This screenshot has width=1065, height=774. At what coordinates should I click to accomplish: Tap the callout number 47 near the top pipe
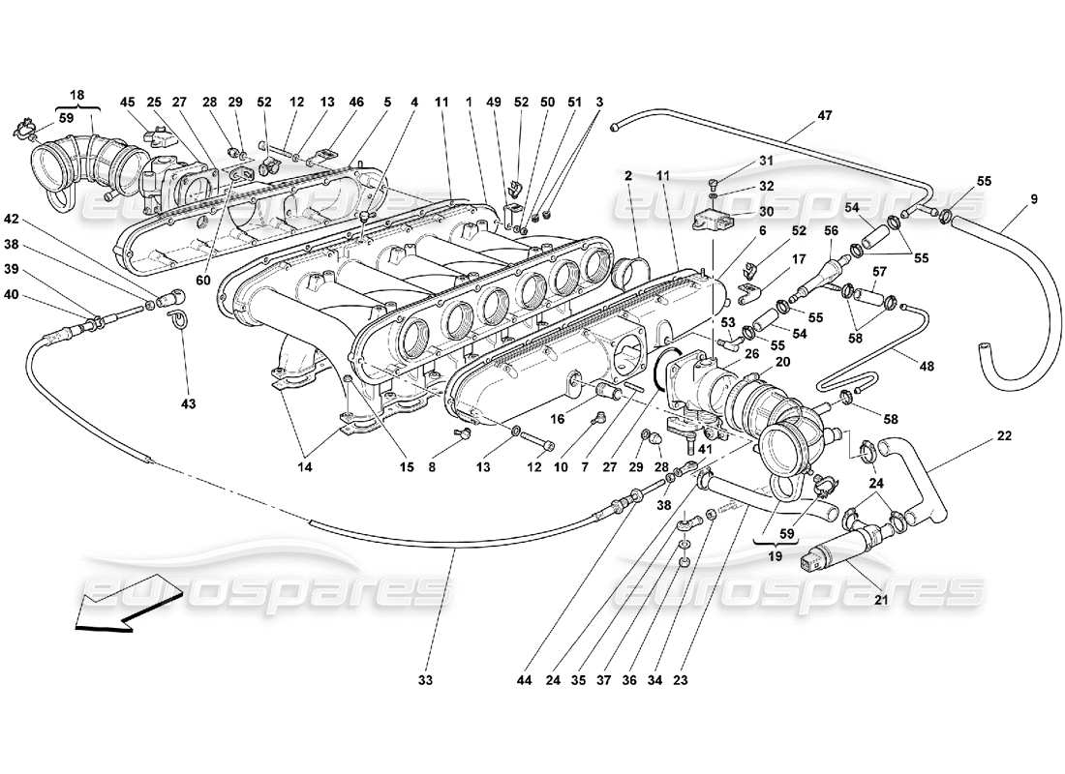(x=825, y=116)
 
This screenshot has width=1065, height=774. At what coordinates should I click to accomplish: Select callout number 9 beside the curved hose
(x=1033, y=200)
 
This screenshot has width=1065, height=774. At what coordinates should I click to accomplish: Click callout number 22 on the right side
(x=1004, y=436)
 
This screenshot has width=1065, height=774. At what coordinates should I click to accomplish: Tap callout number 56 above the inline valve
(x=832, y=230)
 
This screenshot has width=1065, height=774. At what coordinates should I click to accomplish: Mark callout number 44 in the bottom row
(x=526, y=680)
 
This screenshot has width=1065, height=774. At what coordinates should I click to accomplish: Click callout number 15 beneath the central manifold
(x=406, y=467)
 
